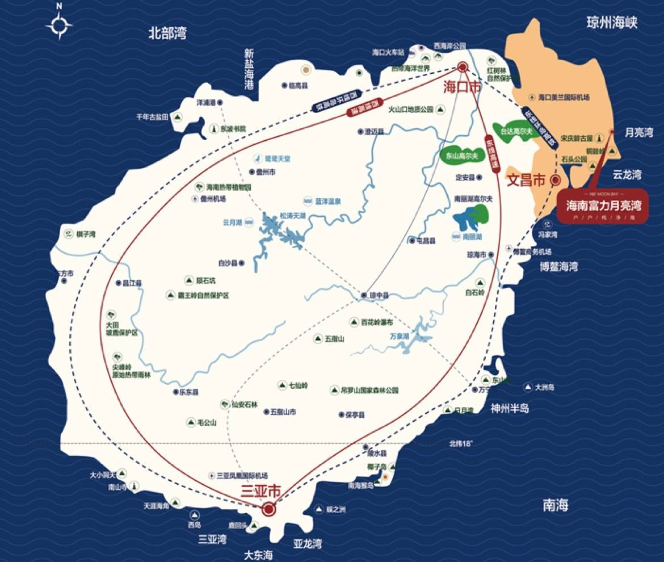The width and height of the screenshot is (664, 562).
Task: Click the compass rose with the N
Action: tap(60, 25)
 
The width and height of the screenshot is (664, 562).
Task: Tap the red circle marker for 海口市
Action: tap(463, 67)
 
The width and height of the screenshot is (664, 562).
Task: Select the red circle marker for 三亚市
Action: tap(269, 510)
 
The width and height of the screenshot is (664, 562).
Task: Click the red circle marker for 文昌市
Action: tap(556, 181)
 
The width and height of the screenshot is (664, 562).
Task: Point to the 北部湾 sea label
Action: tap(167, 33)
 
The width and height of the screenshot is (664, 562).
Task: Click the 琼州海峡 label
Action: tap(612, 23)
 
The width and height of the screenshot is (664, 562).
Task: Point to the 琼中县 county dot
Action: tap(365, 295)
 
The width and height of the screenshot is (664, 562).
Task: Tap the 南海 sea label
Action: tap(555, 505)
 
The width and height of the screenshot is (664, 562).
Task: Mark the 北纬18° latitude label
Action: tap(460, 443)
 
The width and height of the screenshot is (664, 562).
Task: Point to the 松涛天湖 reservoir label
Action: tap(293, 216)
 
